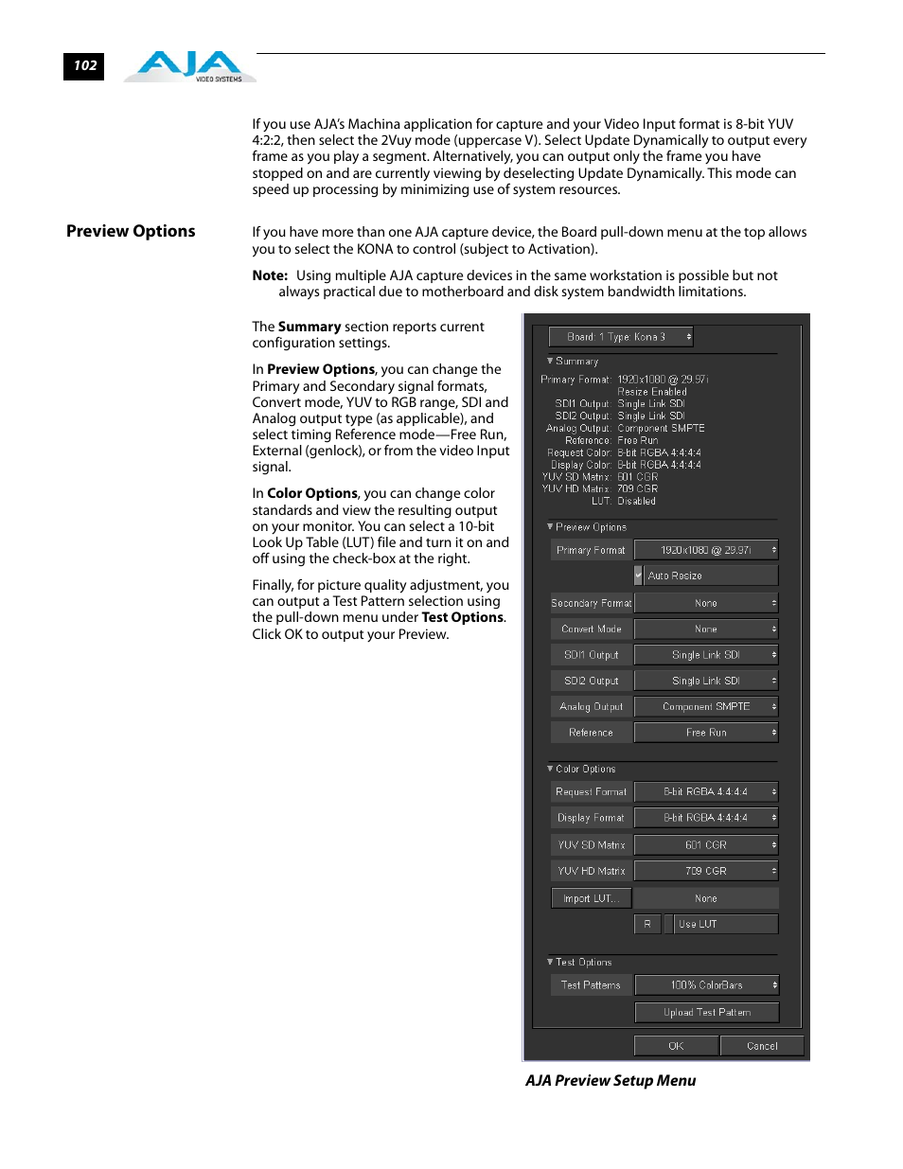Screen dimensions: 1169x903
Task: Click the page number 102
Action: (x=84, y=66)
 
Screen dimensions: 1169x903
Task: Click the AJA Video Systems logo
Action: (x=189, y=67)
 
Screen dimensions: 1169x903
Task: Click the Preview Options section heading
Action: (x=131, y=232)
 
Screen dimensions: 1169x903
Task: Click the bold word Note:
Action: (x=270, y=275)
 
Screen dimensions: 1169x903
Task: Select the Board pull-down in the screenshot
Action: (x=621, y=337)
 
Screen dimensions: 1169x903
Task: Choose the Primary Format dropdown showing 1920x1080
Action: (x=706, y=550)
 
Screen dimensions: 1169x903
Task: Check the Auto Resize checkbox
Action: (x=639, y=576)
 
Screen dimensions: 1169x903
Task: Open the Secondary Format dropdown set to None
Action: (x=706, y=603)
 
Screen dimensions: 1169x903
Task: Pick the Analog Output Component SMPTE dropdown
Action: (x=706, y=707)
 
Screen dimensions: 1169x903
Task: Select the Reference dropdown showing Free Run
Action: (x=706, y=733)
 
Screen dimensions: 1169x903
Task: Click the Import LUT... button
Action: (x=591, y=899)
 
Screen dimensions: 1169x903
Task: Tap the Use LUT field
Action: (x=725, y=924)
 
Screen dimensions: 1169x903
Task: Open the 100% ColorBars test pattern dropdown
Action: (x=706, y=985)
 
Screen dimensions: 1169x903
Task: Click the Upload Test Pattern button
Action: (x=706, y=1013)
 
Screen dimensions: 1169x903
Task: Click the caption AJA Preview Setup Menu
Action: (x=611, y=1081)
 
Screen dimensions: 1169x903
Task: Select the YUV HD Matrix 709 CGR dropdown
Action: (x=706, y=871)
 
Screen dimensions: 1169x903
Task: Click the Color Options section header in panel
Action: (x=585, y=770)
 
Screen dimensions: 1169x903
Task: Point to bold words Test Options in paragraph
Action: (x=462, y=618)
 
